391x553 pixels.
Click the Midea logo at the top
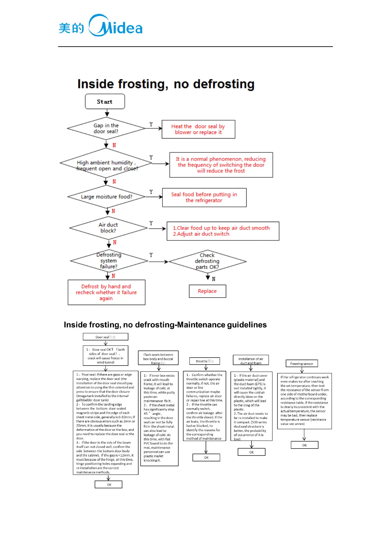100,26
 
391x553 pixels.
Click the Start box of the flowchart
105,101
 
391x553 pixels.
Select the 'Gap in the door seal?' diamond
106,128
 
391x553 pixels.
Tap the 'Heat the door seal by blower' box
198,129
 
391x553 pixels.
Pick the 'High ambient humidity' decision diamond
106,164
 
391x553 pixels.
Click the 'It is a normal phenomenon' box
221,165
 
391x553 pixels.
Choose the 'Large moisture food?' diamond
106,197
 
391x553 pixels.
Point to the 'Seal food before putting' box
204,197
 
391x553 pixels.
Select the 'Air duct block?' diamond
108,228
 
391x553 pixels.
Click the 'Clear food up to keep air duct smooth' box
223,231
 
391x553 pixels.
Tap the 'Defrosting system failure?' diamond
109,261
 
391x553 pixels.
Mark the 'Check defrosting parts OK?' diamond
207,261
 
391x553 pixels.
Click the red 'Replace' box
207,291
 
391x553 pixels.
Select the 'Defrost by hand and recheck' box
106,292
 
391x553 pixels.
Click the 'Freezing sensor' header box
302,364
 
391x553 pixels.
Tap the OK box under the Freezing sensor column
304,445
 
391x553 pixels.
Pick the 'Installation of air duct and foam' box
251,360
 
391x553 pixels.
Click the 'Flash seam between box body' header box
158,358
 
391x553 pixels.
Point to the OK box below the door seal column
109,485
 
